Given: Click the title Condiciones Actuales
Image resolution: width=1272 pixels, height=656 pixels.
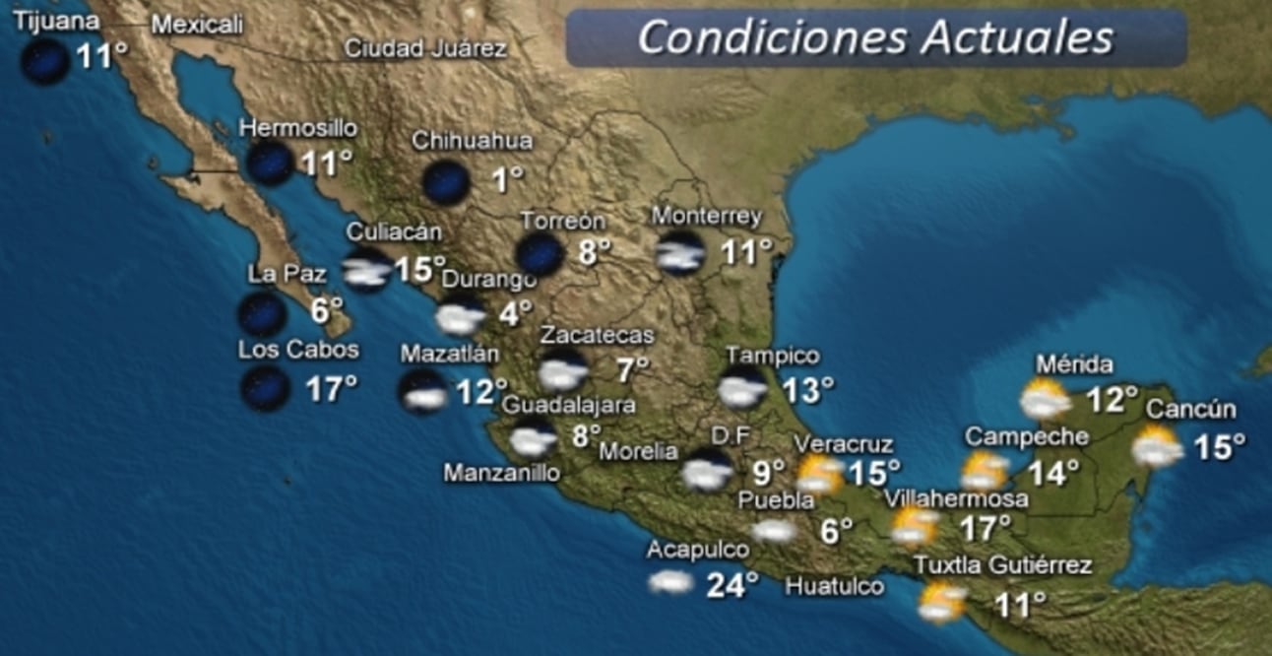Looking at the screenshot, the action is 875,38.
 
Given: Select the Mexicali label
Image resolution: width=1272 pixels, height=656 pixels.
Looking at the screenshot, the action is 197,26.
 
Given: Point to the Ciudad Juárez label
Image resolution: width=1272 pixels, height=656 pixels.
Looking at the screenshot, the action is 425,48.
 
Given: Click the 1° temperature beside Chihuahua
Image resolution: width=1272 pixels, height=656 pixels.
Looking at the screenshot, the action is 507,179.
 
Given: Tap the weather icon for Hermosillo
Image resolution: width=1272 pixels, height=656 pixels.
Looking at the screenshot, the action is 269,163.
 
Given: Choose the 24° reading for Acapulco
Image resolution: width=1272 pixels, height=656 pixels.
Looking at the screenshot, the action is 731,585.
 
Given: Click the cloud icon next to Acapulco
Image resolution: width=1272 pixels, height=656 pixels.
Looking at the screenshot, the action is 671,582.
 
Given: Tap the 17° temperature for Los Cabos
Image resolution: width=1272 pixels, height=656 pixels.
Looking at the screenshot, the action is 331,389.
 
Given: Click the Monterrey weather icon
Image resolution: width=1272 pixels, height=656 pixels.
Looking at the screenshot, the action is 680,253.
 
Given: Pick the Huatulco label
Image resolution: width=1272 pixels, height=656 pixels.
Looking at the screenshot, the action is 834,587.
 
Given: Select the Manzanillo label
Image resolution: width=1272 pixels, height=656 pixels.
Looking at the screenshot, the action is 501,473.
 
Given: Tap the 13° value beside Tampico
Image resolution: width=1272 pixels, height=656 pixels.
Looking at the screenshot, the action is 807,390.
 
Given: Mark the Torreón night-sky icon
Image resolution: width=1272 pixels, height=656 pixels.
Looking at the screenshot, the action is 541,254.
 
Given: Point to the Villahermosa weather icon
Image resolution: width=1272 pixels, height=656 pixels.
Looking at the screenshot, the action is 914,527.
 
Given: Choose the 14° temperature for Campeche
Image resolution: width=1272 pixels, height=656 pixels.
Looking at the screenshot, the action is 1053,473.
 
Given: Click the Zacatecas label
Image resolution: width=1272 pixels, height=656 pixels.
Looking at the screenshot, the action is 597,335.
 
